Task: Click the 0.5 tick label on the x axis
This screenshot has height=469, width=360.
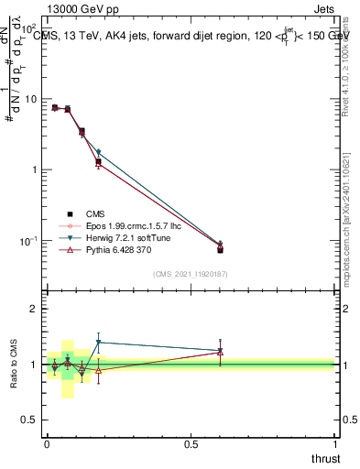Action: [x=191, y=442]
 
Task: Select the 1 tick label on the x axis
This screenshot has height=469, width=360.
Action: [x=335, y=442]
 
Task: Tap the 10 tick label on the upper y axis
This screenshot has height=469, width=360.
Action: [x=28, y=99]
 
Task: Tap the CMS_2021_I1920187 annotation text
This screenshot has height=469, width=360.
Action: [x=191, y=273]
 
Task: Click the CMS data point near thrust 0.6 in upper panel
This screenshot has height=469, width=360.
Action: [x=220, y=249]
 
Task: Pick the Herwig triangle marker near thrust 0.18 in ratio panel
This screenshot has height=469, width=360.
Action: [x=98, y=343]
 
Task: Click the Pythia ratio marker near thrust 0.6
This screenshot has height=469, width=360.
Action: [x=220, y=350]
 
